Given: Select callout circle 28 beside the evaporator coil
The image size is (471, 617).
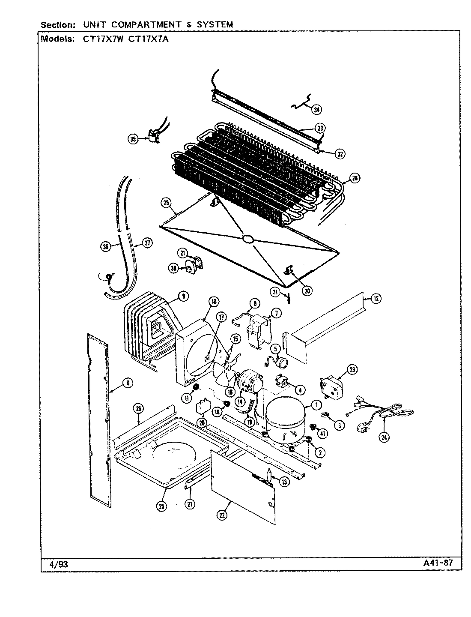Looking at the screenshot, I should coord(355,179).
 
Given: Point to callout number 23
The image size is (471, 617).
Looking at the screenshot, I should coord(352,369).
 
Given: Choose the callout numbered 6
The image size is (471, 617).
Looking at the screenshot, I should coord(127,383).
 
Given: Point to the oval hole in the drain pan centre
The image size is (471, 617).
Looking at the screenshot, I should coord(248,240).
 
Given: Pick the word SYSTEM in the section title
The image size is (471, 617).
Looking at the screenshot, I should coord(215,24).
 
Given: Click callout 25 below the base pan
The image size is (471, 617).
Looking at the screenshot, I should coord(161,506).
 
